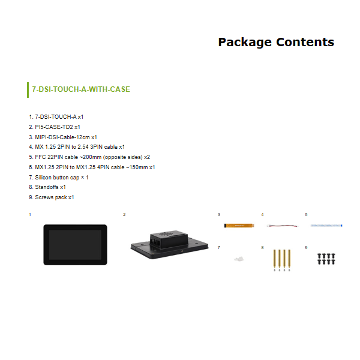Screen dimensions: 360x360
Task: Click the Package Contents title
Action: point(276,42)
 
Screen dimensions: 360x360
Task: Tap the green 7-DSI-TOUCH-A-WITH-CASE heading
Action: point(81,89)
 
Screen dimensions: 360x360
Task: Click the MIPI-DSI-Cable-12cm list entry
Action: point(63,137)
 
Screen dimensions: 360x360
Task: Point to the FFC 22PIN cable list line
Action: point(89,157)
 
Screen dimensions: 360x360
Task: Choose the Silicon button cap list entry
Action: point(59,178)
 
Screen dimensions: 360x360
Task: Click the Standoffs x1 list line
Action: point(47,187)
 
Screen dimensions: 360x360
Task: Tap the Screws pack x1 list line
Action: point(52,197)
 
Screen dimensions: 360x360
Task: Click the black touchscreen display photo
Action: point(76,245)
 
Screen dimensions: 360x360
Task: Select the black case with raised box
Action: point(169,245)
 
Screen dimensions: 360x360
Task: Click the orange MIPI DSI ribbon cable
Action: point(239,226)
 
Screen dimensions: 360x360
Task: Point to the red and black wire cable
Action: point(283,226)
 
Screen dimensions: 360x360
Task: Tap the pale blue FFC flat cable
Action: point(326,226)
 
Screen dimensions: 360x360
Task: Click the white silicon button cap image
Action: point(239,259)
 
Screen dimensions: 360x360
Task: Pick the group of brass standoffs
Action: point(282,260)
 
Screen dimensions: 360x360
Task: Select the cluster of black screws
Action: point(326,259)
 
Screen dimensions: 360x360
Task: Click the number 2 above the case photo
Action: point(124,215)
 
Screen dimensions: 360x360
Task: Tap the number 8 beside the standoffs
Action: point(262,247)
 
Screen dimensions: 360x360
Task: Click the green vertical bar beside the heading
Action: point(28,90)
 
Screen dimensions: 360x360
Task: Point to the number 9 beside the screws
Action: point(306,247)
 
